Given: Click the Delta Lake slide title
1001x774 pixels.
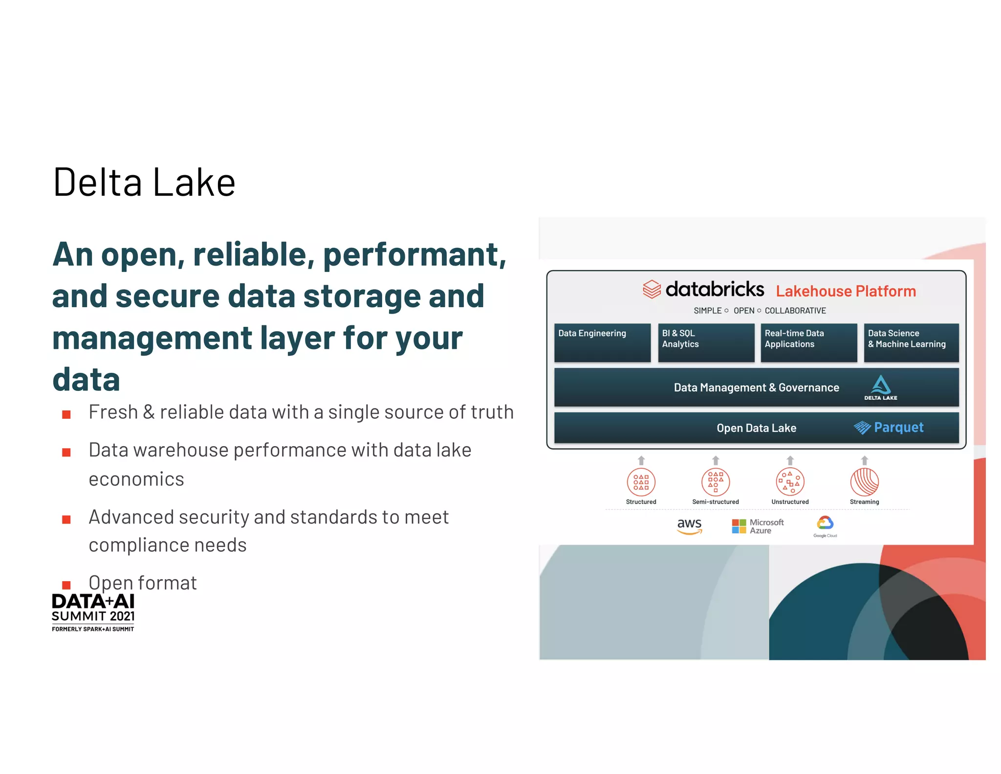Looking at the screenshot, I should click(x=144, y=182).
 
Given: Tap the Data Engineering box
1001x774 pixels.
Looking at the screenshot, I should click(x=602, y=342).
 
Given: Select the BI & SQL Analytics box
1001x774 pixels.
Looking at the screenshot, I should click(x=706, y=342).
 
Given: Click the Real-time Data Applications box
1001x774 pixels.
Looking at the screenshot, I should click(x=808, y=342).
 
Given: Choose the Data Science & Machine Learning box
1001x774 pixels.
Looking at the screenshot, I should click(x=911, y=342).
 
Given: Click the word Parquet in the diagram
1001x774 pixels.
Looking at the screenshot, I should click(x=898, y=428).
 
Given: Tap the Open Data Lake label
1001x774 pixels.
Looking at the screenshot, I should click(x=756, y=428).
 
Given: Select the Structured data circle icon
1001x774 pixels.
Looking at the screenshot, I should click(x=641, y=482).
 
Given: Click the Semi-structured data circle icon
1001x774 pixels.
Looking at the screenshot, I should click(x=715, y=482).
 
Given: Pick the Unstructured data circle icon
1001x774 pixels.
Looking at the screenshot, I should click(x=790, y=482).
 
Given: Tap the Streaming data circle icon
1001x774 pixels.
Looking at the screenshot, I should click(x=864, y=482).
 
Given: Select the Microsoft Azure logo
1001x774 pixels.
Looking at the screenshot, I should click(x=758, y=526).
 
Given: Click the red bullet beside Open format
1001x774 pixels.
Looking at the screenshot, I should click(x=66, y=585).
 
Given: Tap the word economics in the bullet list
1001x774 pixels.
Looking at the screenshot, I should click(x=136, y=479).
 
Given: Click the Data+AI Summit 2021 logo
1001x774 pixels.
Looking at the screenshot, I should click(x=93, y=612).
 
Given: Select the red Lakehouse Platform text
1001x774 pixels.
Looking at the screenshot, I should click(x=846, y=291).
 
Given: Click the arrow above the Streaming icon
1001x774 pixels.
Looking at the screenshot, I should click(x=864, y=460).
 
